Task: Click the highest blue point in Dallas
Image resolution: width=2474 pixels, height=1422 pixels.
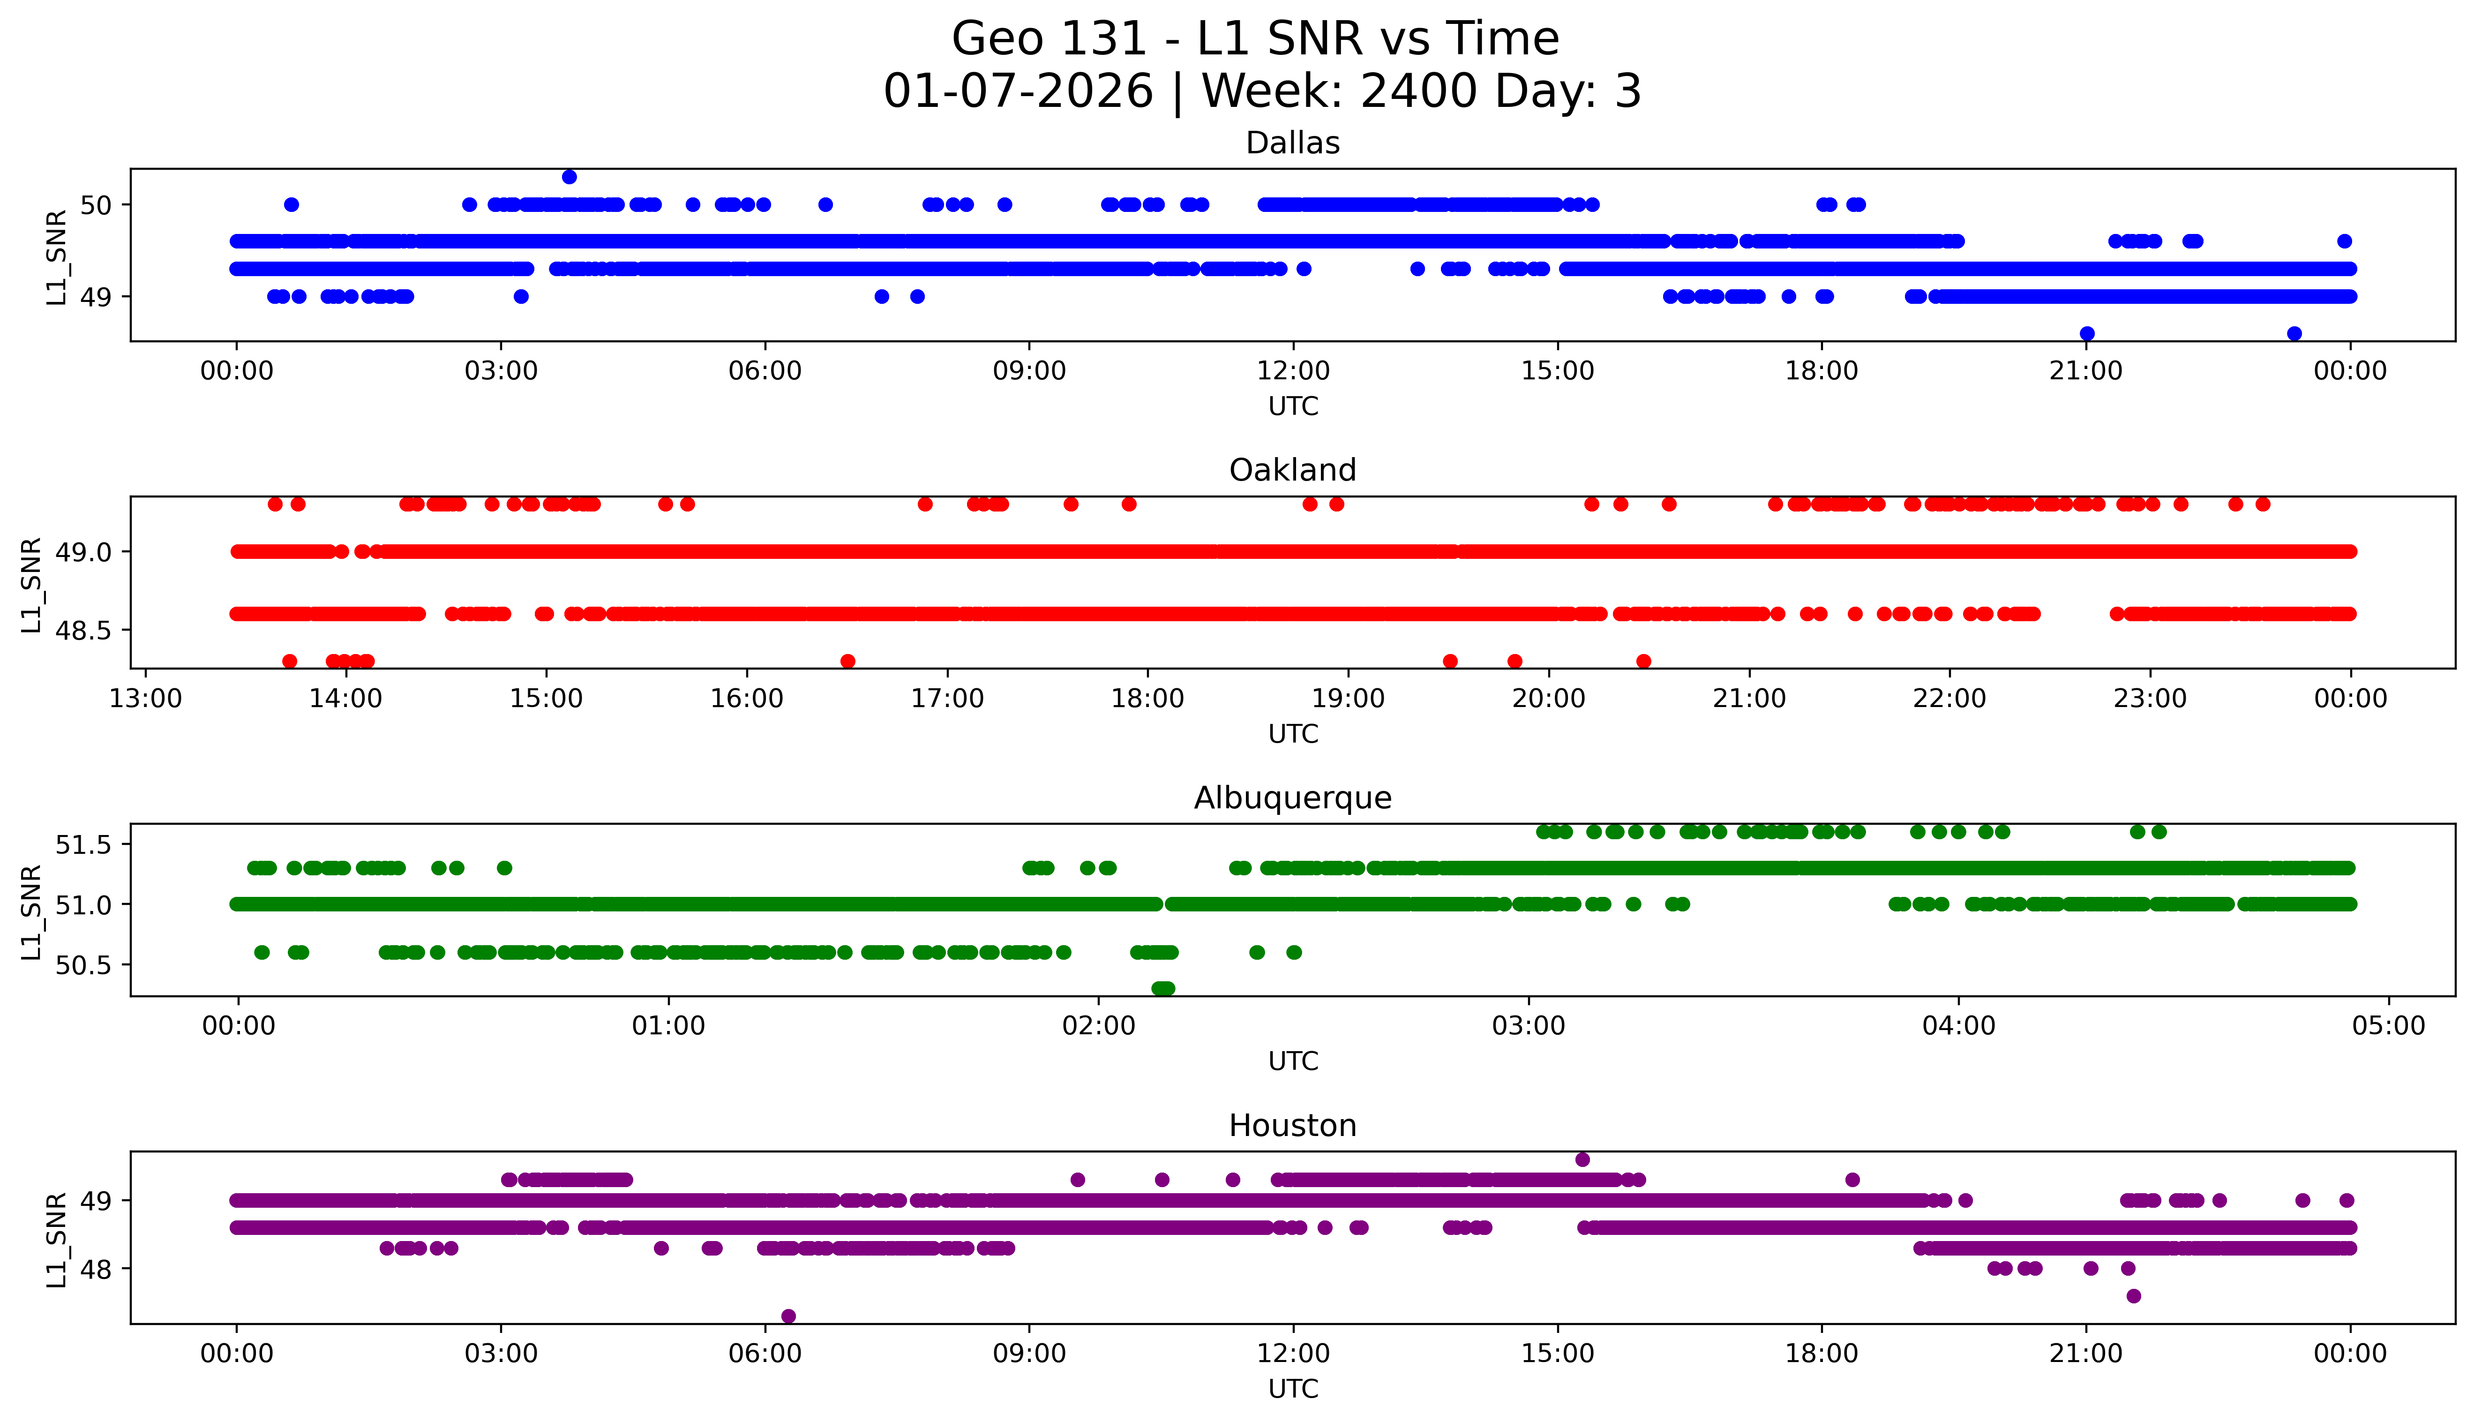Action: tap(569, 177)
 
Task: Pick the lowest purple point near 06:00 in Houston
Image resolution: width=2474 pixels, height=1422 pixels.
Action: tap(789, 1316)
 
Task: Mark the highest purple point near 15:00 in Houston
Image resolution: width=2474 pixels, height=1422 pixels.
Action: tap(1582, 1159)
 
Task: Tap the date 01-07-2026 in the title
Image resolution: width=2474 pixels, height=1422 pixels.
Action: tap(1017, 92)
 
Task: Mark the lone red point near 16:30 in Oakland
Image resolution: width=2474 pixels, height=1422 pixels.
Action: tap(847, 661)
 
